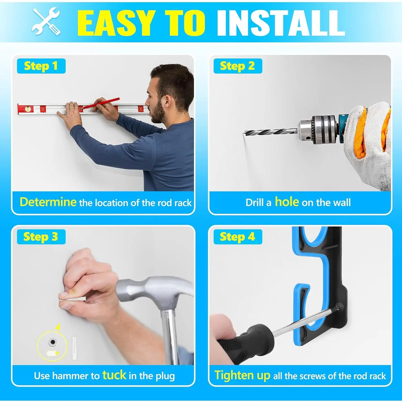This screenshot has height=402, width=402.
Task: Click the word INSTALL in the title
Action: coord(281,23)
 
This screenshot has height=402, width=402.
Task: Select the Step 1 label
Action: coord(41,66)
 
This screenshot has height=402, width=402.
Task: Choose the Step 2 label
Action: coord(237,66)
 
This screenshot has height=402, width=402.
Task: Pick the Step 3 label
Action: coord(41,237)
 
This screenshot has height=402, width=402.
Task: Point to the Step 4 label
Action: coord(237,237)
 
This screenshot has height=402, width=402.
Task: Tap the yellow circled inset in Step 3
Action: coord(52,346)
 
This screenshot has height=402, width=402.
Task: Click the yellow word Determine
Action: coord(48,202)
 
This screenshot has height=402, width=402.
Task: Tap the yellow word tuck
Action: coord(114,375)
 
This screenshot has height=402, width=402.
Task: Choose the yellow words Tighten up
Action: coord(243,375)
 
